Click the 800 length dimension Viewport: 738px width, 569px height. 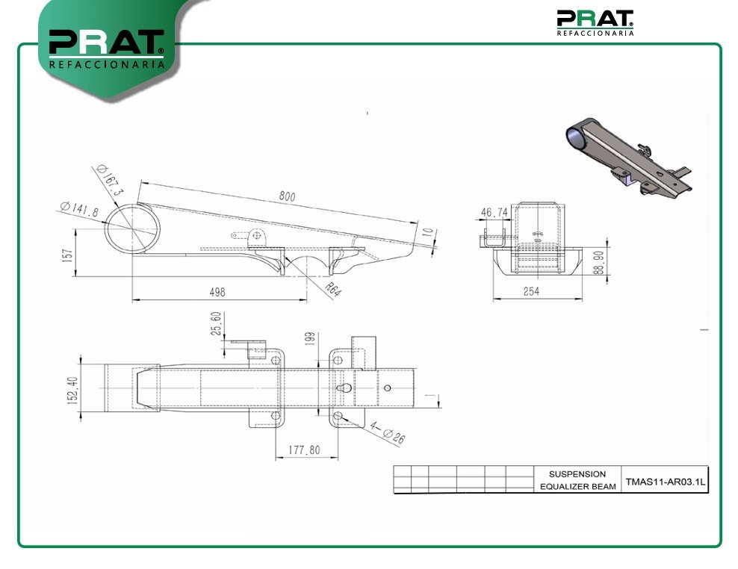click(287, 196)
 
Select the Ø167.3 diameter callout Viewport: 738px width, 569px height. click(110, 180)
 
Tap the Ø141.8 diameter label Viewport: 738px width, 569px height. click(79, 209)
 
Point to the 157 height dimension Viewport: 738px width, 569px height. click(68, 255)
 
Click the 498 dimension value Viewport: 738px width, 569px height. click(217, 292)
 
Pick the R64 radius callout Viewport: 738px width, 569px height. click(332, 290)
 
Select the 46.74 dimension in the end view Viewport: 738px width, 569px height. click(494, 213)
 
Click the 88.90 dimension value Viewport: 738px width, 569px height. click(598, 263)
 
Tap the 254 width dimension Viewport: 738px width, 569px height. click(531, 292)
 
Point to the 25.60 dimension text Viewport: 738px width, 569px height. click(216, 323)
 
